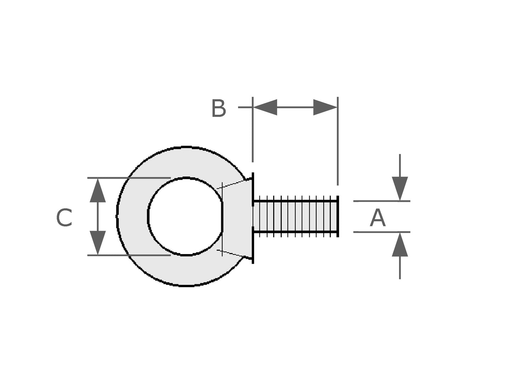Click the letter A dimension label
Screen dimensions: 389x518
coord(377,219)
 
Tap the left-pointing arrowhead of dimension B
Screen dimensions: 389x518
coord(265,107)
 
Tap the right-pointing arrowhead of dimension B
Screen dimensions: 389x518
coord(325,107)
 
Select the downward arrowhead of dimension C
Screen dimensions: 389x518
coord(98,243)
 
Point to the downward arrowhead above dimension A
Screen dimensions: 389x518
coord(400,188)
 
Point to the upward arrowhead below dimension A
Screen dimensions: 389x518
coord(400,245)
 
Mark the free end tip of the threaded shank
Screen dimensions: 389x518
coord(337,216)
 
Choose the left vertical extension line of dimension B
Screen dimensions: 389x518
coord(253,136)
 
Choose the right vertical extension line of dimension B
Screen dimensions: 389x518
coord(338,144)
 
